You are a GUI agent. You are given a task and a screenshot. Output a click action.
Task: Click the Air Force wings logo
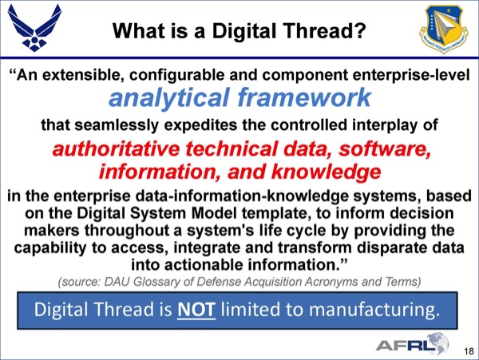tap(34, 28)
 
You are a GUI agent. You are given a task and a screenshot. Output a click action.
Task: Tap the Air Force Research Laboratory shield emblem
tap(444, 29)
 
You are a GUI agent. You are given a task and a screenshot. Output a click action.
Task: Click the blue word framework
tap(305, 97)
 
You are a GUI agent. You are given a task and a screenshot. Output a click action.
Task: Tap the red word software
tap(385, 149)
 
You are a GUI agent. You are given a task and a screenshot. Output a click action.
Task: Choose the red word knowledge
tap(326, 172)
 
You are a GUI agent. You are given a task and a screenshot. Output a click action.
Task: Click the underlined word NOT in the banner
tap(196, 310)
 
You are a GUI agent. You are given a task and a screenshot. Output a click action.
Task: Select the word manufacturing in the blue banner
tap(374, 310)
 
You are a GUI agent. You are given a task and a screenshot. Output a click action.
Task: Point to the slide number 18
tap(469, 351)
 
